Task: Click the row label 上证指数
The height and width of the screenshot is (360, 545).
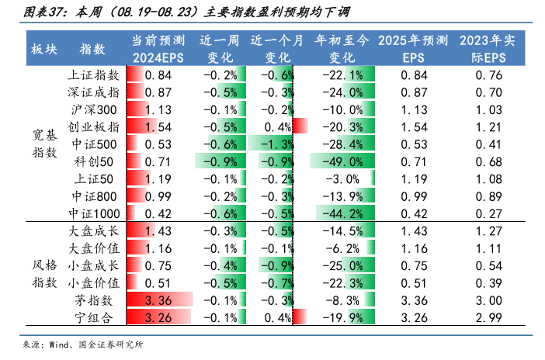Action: coord(94,75)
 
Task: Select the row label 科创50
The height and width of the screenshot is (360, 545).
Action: coord(94,161)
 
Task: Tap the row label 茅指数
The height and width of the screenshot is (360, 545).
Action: coord(94,300)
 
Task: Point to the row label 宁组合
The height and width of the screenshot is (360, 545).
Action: coord(94,317)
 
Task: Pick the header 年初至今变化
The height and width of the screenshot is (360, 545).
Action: coord(342,49)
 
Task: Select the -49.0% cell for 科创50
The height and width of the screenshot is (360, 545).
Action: coord(342,161)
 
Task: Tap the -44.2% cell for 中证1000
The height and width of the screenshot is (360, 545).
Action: coord(342,213)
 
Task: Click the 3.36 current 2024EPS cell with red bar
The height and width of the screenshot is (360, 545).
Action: coord(158,300)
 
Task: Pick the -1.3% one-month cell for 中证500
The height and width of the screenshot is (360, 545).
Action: coord(276,144)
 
